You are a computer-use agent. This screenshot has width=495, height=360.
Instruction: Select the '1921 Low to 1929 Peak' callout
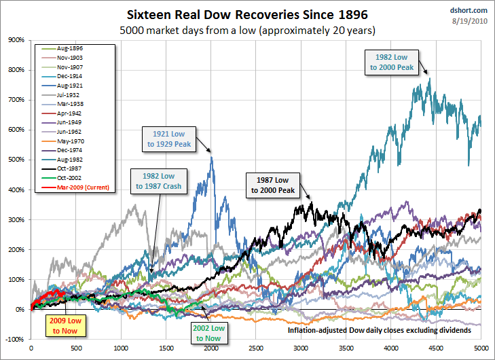pos(168,138)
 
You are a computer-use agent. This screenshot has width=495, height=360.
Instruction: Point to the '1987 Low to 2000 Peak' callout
pos(272,185)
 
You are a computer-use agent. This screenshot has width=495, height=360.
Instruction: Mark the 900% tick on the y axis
pos(15,40)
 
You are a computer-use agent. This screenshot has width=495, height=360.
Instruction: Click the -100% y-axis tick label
pos(14,339)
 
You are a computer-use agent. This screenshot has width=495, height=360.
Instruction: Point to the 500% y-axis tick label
pos(15,160)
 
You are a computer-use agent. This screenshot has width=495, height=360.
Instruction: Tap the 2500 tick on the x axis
pos(256,348)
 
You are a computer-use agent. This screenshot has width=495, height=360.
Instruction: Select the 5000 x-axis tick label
pos(479,348)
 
